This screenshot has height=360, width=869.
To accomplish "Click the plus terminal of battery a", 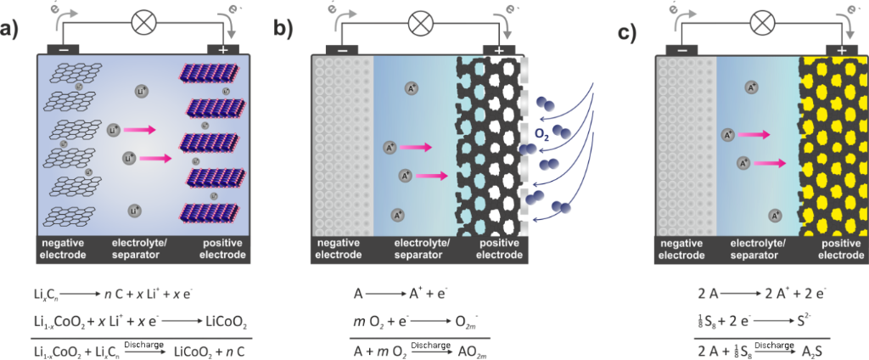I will pos(221,49).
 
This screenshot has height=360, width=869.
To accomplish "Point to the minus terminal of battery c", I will pos(681,49).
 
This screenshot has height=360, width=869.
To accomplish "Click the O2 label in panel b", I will pos(541,133).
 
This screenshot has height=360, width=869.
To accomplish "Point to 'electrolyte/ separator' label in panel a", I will pos(141,249).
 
